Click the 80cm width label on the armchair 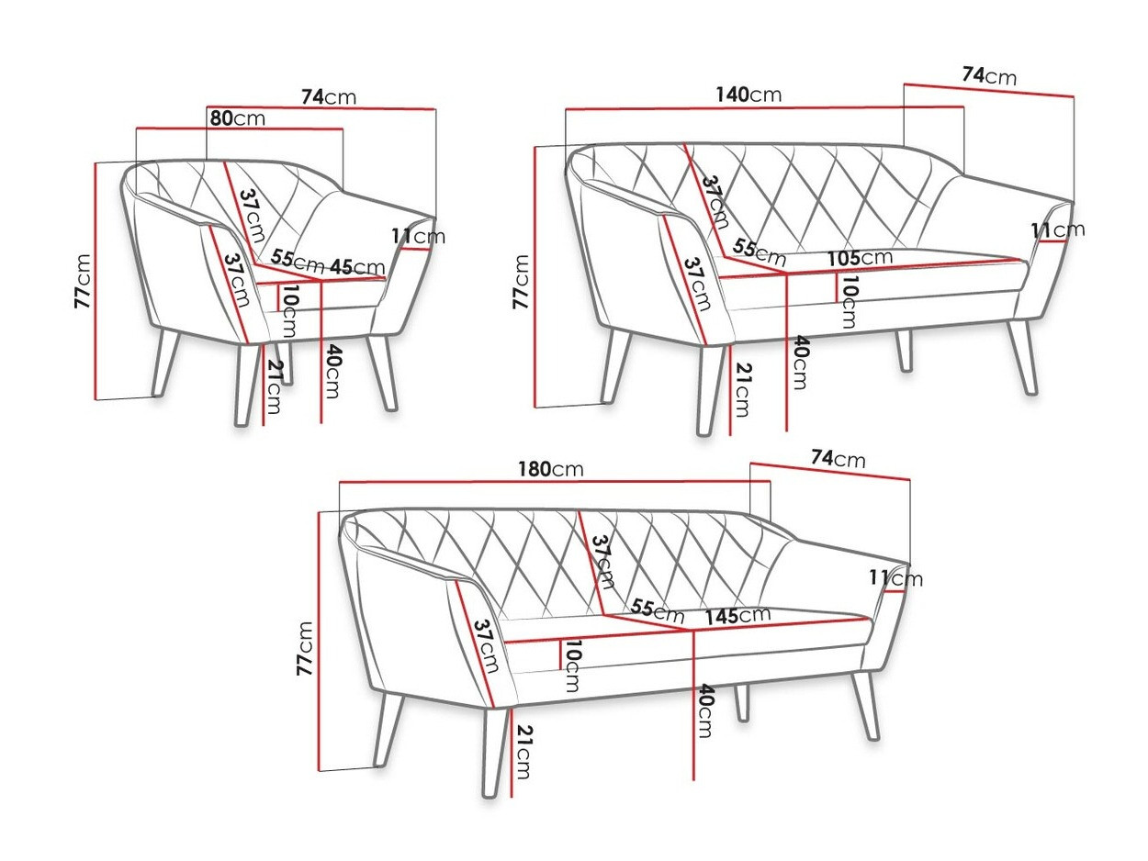click(238, 118)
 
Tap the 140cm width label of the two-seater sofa click(748, 95)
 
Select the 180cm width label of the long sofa click(550, 469)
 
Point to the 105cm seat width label click(860, 257)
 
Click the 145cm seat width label click(737, 616)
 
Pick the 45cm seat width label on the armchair click(357, 267)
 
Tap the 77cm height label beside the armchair click(83, 281)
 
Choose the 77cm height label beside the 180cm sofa click(304, 648)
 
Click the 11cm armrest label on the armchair click(419, 236)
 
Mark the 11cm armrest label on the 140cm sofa click(1057, 229)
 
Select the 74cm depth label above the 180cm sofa click(838, 458)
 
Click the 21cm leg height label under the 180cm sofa click(523, 752)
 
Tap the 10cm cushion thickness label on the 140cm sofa click(848, 302)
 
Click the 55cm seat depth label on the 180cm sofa click(657, 609)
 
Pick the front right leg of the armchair click(383, 372)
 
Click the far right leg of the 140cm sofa click(1023, 357)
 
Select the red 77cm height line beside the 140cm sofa click(535, 276)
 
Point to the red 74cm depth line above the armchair click(321, 107)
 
